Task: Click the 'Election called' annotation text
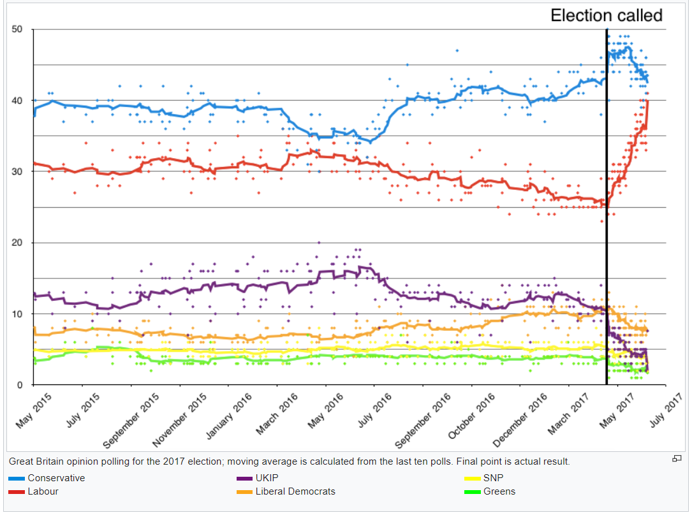click(607, 15)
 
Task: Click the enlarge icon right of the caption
click(677, 459)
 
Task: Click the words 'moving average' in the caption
click(258, 461)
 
